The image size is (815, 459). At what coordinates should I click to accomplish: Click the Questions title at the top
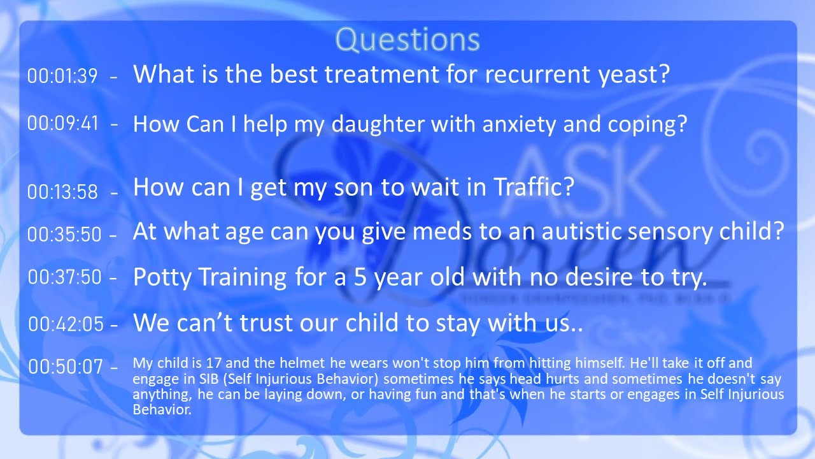[407, 40]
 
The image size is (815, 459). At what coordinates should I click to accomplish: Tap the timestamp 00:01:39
[62, 76]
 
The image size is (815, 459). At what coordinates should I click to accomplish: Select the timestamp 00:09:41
[62, 123]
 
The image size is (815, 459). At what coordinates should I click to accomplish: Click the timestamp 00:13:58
[62, 191]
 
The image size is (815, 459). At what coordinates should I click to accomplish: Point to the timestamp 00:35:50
[64, 234]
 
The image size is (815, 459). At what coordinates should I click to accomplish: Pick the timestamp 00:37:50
[64, 277]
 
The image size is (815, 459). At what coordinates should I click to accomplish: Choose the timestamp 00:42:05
[66, 324]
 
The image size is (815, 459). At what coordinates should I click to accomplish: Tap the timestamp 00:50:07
[66, 367]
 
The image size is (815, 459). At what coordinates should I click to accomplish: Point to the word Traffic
[534, 187]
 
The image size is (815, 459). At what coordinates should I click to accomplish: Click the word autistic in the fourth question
[579, 231]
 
